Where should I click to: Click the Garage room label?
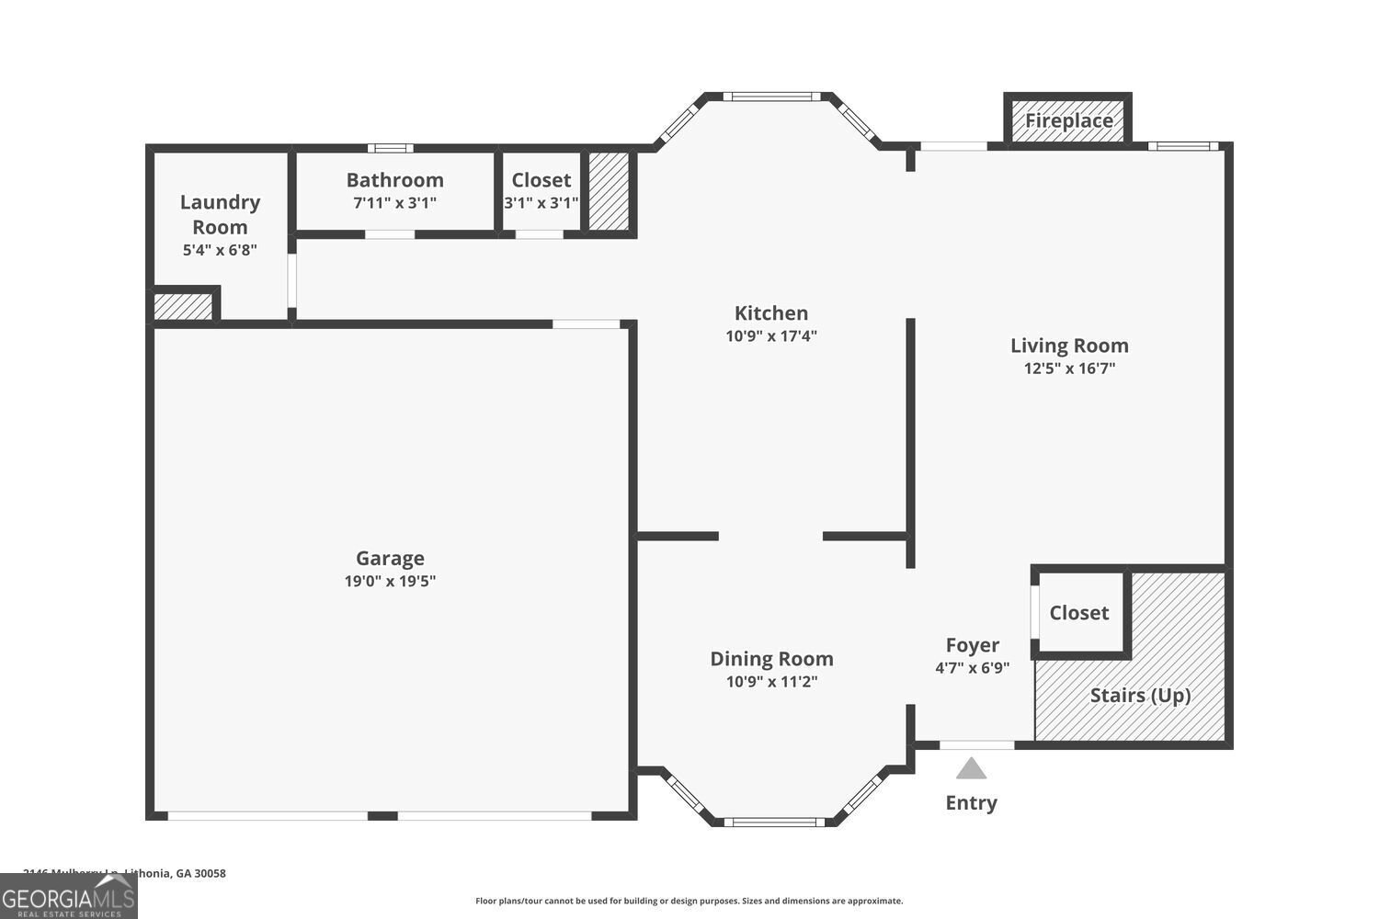point(390,558)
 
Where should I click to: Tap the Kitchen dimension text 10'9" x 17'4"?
point(770,336)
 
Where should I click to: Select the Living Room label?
point(1069,346)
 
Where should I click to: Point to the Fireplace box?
point(1067,120)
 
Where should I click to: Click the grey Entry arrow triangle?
point(971,768)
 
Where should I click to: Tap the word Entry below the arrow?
point(971,802)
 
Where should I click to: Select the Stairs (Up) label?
point(1140,695)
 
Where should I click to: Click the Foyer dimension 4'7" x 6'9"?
point(972,668)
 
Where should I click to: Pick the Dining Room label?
point(771,658)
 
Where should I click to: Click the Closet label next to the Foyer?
point(1079,613)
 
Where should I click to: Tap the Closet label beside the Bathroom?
point(541,180)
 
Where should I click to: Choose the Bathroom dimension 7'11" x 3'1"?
point(394,203)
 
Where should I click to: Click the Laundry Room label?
point(220,214)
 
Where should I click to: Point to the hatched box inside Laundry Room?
point(183,306)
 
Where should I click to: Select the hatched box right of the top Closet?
point(609,191)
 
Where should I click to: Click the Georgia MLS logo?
point(68,895)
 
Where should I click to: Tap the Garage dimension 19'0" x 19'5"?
point(390,581)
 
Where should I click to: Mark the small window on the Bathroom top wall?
point(391,148)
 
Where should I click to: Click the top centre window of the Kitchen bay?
point(770,96)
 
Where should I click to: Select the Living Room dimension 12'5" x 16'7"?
point(1069,369)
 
